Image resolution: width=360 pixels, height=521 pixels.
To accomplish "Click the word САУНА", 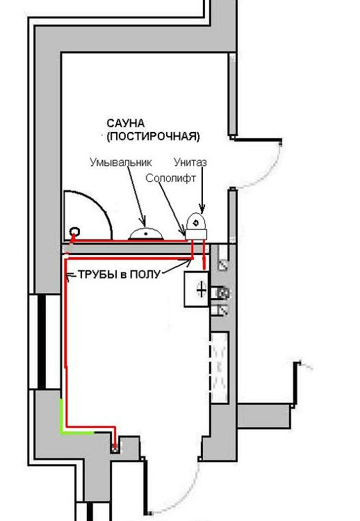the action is (x=125, y=123).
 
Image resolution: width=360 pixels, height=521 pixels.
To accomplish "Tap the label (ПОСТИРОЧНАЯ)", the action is (x=153, y=136).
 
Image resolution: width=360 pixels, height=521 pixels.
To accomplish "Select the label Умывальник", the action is (x=121, y=162).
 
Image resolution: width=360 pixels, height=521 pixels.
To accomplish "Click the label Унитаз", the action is (x=190, y=162).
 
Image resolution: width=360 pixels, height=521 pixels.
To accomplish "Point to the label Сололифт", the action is (x=171, y=178).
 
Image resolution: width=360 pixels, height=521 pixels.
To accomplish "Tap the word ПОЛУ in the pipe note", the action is (x=145, y=274).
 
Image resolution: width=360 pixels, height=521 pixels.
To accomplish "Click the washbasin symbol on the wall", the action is (x=145, y=233).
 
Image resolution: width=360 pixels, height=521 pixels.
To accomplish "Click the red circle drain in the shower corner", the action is (x=74, y=231).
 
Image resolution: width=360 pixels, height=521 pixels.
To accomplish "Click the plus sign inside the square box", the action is (x=202, y=290).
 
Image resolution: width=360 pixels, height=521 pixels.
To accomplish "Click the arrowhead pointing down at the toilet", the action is (x=202, y=208).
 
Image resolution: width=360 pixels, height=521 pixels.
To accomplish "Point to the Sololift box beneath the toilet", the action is (x=196, y=234).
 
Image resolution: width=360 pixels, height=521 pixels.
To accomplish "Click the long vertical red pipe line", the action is (x=66, y=342).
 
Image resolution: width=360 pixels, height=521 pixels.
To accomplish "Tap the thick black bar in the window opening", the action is (x=41, y=342).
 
